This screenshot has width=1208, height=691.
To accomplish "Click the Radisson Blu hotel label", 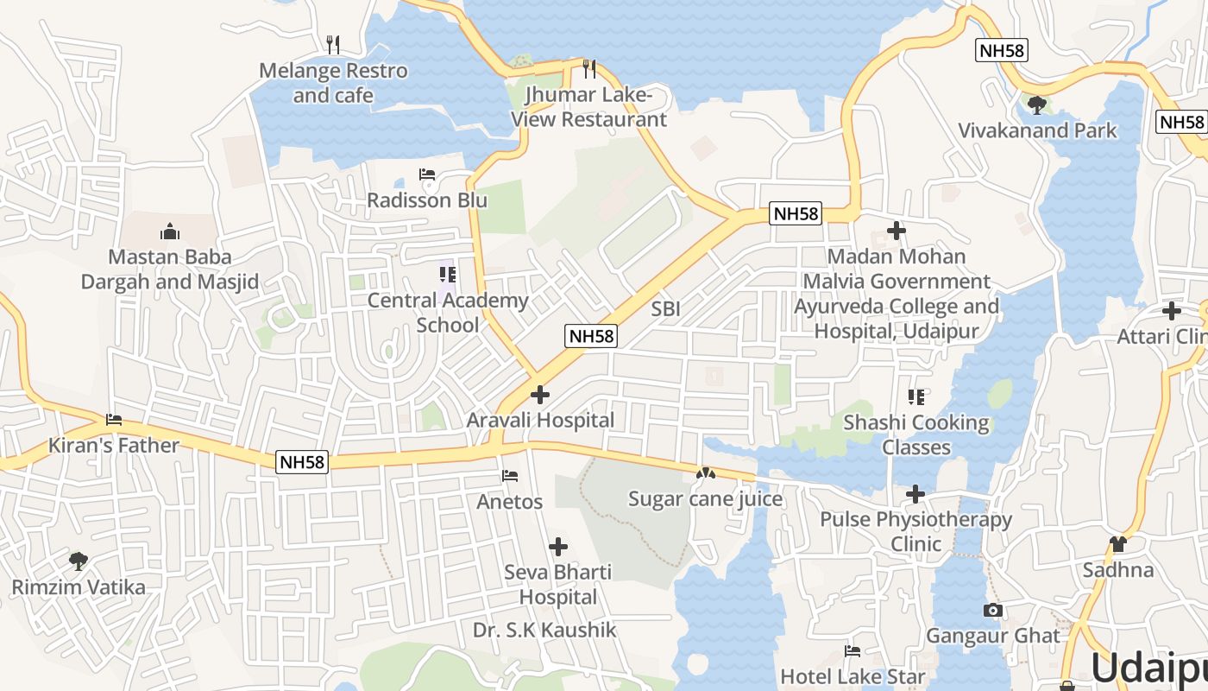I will click(427, 200).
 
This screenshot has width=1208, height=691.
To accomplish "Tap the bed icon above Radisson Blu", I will click(427, 174).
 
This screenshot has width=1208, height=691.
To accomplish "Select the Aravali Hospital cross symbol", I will click(540, 395).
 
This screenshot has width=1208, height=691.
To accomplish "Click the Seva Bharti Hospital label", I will click(558, 585).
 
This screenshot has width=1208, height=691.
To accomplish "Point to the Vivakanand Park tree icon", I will click(1037, 105).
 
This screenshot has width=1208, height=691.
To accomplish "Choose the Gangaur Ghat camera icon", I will click(992, 611).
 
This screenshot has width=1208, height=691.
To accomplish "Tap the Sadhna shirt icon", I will click(1118, 544).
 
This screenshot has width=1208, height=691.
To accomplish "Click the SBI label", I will click(666, 308).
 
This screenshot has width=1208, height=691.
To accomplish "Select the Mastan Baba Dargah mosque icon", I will click(170, 231).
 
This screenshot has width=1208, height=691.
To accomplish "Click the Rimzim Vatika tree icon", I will click(79, 561).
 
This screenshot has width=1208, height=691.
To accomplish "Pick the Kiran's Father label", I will click(114, 446).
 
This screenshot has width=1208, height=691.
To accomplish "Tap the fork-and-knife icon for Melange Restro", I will click(333, 44).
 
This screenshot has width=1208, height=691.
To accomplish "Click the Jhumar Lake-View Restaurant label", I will click(589, 107).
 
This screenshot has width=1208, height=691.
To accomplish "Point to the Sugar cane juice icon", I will click(706, 473).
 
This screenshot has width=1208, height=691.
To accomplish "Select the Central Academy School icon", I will click(447, 275).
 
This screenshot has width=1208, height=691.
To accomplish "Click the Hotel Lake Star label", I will click(853, 676).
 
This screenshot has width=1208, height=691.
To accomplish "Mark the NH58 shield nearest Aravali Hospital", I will click(592, 336).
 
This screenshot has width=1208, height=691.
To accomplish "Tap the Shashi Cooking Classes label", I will click(916, 434).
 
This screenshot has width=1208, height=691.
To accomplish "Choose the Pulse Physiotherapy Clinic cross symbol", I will click(915, 494).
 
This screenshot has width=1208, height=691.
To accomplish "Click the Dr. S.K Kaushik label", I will click(544, 631).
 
